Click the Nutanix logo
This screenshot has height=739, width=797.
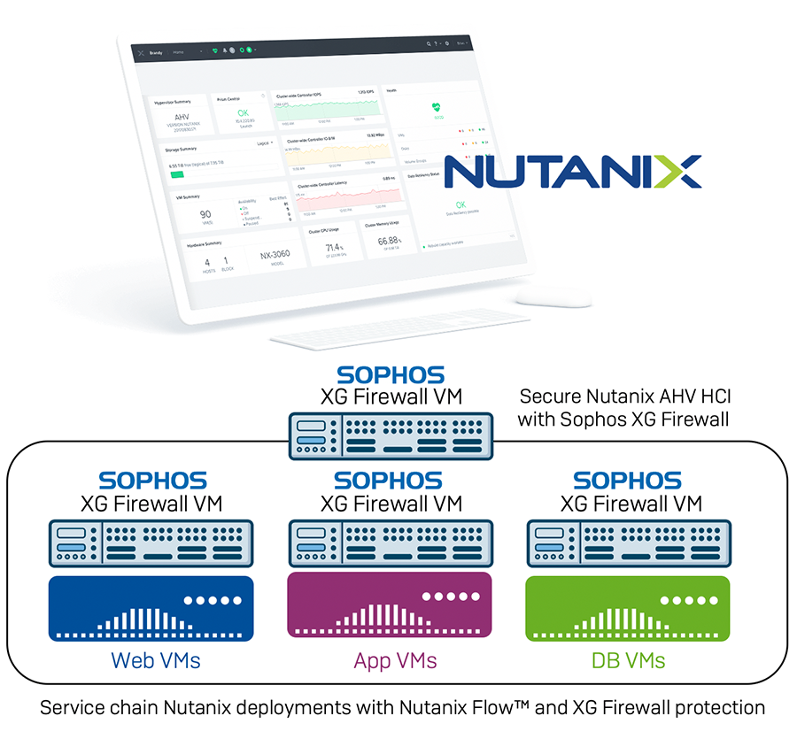572,171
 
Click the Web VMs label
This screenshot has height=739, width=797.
155,660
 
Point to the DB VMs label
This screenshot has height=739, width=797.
628,660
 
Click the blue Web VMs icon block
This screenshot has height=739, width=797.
151,608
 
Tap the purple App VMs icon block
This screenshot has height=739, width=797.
390,608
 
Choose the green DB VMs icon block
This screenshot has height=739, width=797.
628,608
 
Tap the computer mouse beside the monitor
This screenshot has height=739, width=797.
553,297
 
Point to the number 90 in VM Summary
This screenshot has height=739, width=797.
205,214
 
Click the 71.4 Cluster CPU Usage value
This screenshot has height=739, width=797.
333,247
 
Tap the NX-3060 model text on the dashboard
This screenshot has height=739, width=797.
275,256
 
